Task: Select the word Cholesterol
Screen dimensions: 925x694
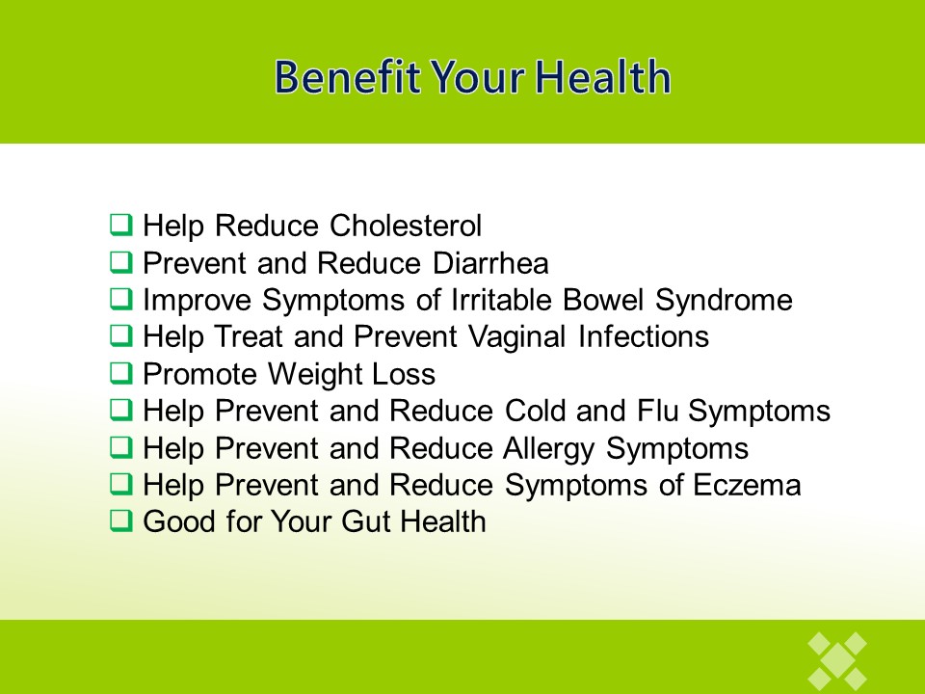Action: [x=406, y=226]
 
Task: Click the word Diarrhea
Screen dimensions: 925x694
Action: [x=490, y=263]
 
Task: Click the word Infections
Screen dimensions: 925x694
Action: [x=644, y=337]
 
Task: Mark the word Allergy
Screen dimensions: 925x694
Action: [x=549, y=448]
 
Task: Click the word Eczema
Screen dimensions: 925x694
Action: [x=747, y=485]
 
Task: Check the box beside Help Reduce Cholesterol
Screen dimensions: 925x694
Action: [x=121, y=225]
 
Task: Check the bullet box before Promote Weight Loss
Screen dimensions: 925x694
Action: [x=121, y=373]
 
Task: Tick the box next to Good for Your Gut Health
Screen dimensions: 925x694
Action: [x=121, y=520]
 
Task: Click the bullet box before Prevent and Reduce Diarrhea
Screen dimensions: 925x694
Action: [x=121, y=262]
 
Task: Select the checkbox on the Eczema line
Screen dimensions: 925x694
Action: [x=121, y=484]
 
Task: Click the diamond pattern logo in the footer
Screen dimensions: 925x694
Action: [x=837, y=662]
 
